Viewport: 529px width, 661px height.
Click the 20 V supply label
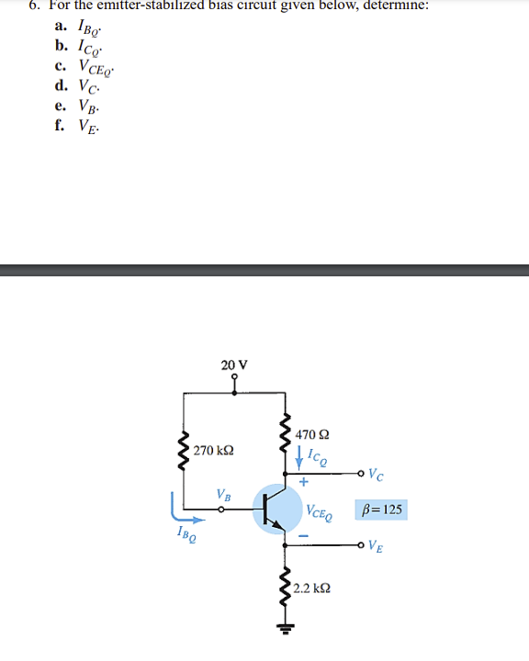click(x=234, y=364)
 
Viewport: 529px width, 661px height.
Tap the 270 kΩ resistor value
click(x=214, y=451)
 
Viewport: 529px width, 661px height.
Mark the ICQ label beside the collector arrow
click(x=315, y=454)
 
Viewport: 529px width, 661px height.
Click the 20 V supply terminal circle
click(x=234, y=377)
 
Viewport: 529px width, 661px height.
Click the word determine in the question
click(x=389, y=5)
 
